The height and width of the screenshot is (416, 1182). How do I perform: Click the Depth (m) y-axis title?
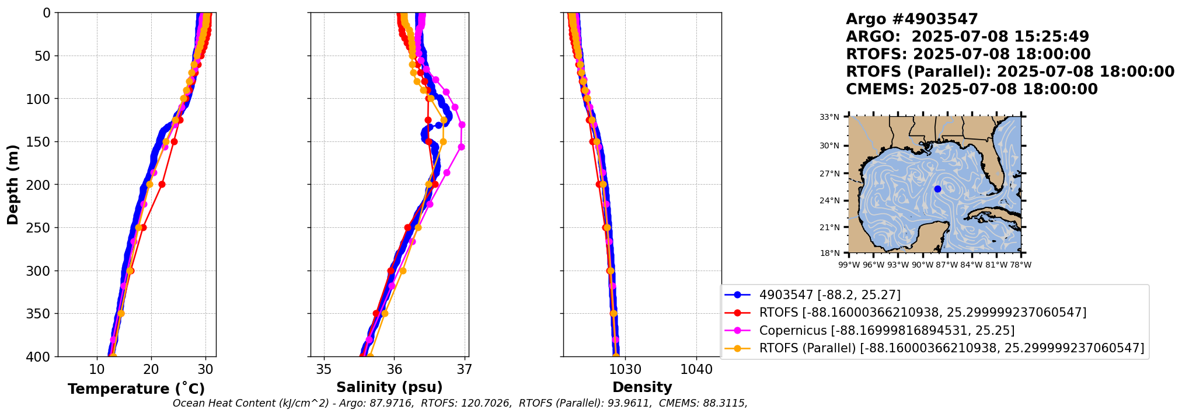click(13, 184)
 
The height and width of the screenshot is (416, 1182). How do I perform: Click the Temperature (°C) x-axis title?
click(136, 389)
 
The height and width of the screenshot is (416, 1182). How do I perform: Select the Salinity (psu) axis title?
click(389, 387)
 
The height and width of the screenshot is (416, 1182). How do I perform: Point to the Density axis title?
click(642, 387)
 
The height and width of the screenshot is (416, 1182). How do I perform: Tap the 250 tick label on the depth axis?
click(40, 228)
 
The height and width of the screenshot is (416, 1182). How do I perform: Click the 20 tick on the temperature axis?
click(151, 370)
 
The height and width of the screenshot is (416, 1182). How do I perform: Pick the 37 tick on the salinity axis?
click(465, 370)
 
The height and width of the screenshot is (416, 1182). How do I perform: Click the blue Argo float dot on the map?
click(937, 189)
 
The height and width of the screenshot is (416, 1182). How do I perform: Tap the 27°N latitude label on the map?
click(829, 174)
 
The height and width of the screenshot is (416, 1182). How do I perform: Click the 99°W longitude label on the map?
click(849, 265)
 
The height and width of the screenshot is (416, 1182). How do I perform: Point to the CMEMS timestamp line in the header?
click(971, 89)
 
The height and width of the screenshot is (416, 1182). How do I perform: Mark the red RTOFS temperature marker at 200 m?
click(162, 185)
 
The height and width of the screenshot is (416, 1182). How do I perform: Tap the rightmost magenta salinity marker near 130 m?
click(462, 124)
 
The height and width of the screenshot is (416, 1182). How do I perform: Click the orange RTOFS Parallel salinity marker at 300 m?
click(402, 271)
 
